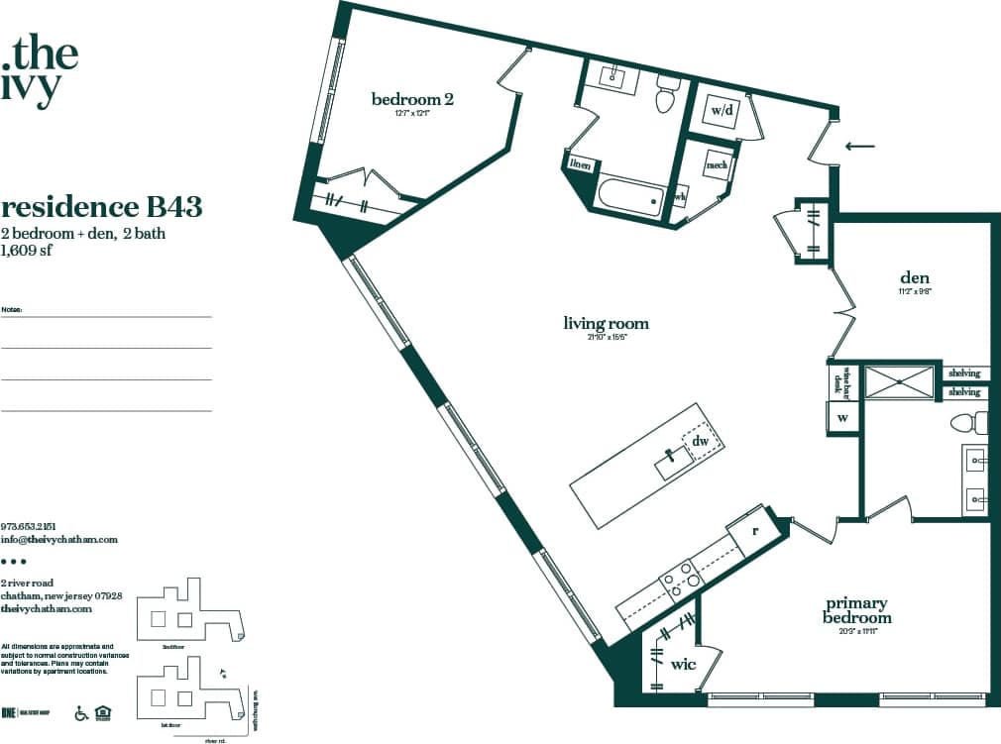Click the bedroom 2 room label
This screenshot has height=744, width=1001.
[412, 99]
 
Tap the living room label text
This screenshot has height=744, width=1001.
[606, 323]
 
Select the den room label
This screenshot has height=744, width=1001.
[913, 277]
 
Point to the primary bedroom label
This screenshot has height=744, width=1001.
[857, 609]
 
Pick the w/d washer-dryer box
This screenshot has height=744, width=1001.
[722, 110]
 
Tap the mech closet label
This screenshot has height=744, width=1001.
[717, 165]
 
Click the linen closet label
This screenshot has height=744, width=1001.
[580, 165]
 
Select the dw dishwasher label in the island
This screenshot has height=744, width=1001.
[700, 441]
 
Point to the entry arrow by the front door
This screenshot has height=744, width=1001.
[859, 147]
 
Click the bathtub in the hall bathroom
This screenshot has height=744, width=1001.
[629, 194]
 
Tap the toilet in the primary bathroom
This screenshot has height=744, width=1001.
[966, 424]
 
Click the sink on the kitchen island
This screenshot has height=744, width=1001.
[673, 460]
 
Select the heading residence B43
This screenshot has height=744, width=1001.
[102, 207]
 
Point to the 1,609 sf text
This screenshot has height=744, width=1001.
[27, 251]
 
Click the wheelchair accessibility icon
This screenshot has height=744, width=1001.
[82, 712]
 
